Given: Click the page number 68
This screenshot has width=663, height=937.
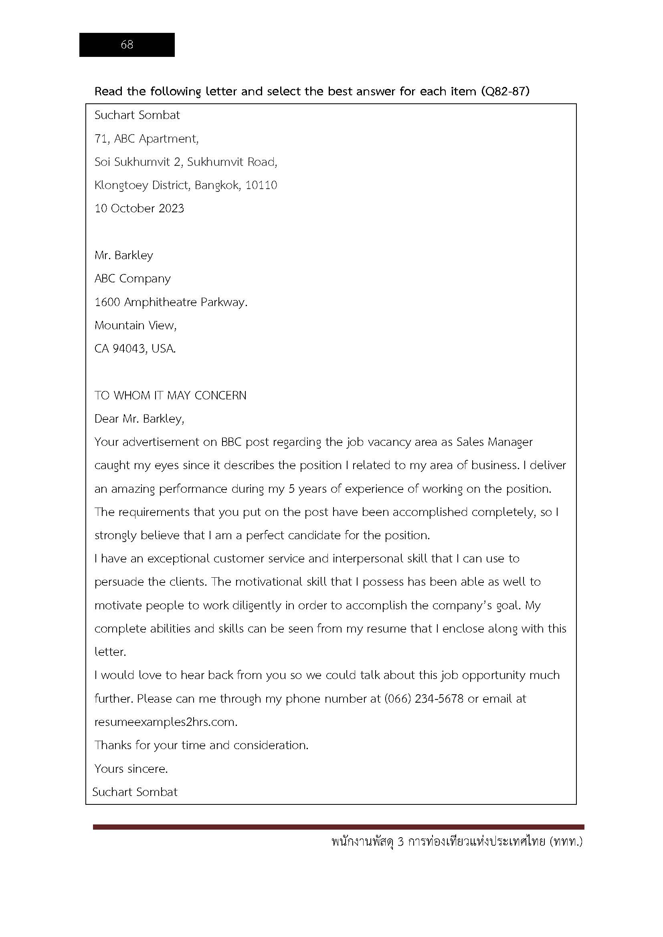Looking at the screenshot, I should [x=127, y=44].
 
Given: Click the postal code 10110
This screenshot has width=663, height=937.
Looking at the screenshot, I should [x=261, y=185].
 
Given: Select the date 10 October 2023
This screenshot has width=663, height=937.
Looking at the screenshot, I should [x=139, y=209].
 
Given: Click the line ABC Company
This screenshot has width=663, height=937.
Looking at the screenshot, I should [x=132, y=279].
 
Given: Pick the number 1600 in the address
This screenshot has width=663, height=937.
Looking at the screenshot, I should [x=107, y=302].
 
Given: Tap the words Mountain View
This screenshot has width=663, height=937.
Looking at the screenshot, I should [x=135, y=325].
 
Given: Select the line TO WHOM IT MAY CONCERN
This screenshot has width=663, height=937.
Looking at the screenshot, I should [x=170, y=395].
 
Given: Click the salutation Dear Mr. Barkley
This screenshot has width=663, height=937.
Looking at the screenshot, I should [x=139, y=419].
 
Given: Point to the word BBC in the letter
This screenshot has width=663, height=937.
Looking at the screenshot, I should [x=231, y=442].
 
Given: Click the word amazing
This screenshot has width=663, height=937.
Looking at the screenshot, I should [x=133, y=489].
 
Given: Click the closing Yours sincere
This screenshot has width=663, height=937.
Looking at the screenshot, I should [x=131, y=769].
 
